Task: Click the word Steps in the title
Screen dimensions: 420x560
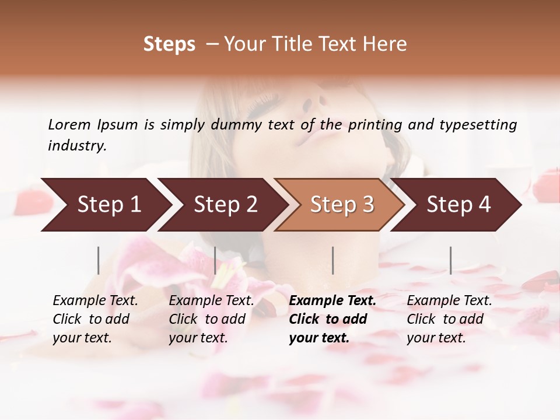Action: pos(169,44)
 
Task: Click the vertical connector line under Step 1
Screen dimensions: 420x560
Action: pos(99,260)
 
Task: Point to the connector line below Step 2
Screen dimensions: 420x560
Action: pos(215,260)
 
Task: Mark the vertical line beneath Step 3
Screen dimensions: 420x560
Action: pos(333,260)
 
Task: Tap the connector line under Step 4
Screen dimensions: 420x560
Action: pos(450,260)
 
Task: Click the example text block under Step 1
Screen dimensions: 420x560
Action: pos(95,319)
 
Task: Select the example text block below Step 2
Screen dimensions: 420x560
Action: pos(211,319)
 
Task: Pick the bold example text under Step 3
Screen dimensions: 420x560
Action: pos(332,319)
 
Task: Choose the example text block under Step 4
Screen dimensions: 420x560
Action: pos(449,319)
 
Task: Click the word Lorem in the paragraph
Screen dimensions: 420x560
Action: pos(69,124)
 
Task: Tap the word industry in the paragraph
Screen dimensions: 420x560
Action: pos(76,146)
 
